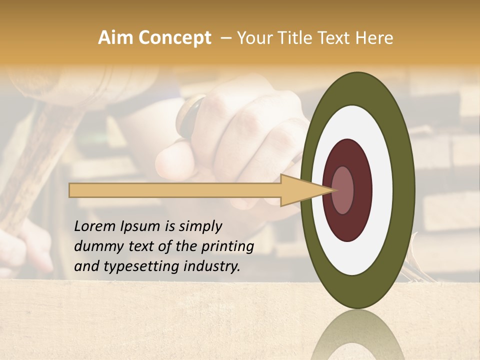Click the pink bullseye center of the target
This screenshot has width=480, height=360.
(x=343, y=190)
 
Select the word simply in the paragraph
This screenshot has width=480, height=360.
(x=199, y=226)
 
